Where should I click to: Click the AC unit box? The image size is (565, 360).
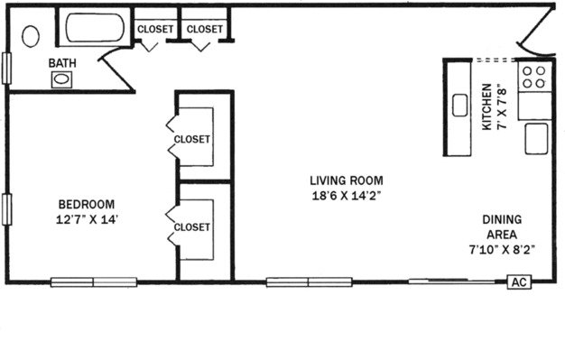[x=519, y=282]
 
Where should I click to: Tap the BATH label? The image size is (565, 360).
[x=62, y=63]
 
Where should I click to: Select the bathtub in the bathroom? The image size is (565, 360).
[x=95, y=28]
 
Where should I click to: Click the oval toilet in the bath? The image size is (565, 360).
[x=31, y=36]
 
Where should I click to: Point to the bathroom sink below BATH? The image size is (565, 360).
[x=61, y=79]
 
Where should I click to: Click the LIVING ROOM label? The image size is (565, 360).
[x=347, y=180]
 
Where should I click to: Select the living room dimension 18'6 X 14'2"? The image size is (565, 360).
[x=347, y=196]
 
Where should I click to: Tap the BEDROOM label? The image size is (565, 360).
[x=87, y=204]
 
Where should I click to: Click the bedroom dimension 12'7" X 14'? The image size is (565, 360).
[x=87, y=219]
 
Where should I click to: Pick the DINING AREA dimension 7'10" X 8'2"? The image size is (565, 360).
[x=502, y=249]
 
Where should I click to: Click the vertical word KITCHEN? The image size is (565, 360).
[x=486, y=107]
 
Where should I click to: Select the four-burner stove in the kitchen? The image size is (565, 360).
[x=534, y=77]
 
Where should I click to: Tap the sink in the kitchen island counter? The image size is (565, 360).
[x=459, y=106]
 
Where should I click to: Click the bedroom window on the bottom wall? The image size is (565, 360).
[x=94, y=282]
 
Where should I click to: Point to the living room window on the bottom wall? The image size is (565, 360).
[x=310, y=282]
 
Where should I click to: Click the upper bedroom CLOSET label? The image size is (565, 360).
[x=191, y=139]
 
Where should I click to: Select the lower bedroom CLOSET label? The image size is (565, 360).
[x=191, y=227]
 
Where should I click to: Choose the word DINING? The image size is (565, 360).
[x=502, y=219]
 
